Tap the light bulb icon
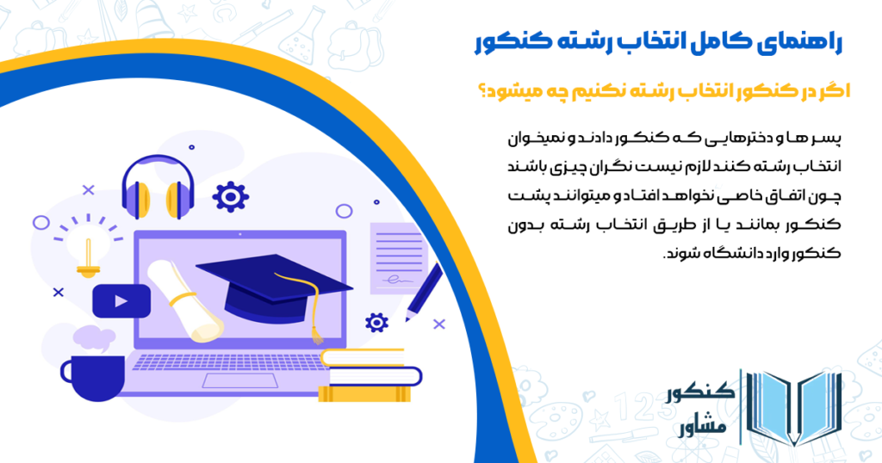pos(86,256)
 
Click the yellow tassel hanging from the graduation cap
pos(317,318)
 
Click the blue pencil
pos(423,293)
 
